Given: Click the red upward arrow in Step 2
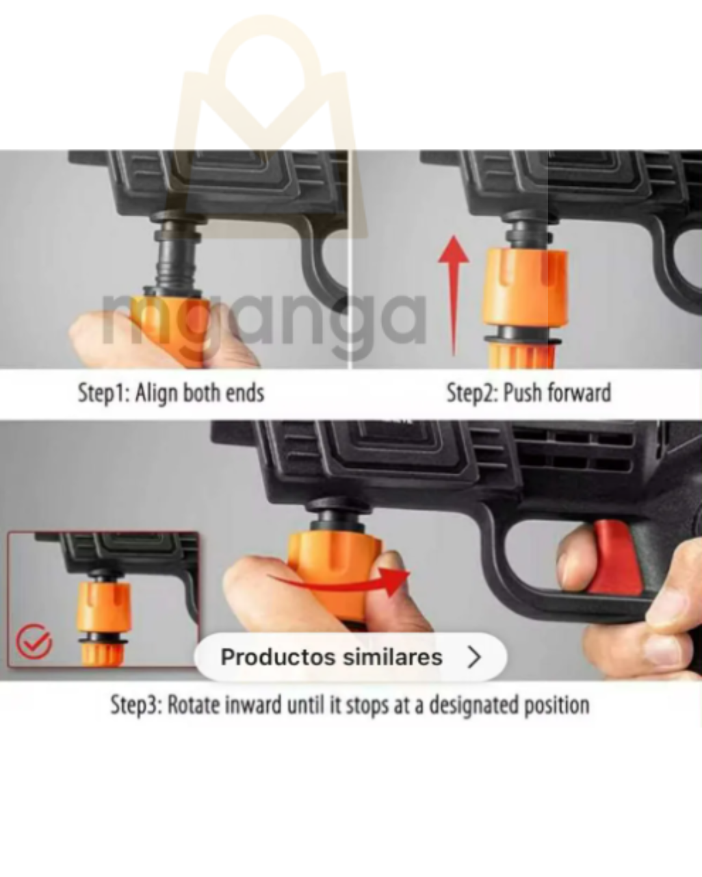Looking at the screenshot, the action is (x=454, y=296).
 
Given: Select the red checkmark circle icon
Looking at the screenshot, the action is (x=34, y=641).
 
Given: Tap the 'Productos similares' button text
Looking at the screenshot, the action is (x=331, y=657).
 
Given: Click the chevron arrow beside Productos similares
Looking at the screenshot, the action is (x=474, y=657).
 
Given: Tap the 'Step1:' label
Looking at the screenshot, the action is (x=104, y=394).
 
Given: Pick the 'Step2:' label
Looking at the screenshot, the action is (x=473, y=393).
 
